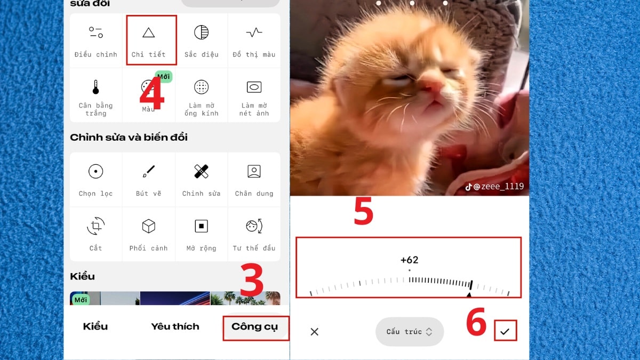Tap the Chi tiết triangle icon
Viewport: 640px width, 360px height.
click(x=149, y=33)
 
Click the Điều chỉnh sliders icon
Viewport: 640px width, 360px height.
click(x=95, y=33)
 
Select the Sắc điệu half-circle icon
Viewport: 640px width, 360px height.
click(x=202, y=33)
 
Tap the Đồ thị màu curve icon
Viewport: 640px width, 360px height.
click(x=254, y=33)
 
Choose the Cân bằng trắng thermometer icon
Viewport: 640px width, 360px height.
click(x=95, y=87)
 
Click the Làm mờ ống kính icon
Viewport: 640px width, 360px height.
click(x=202, y=87)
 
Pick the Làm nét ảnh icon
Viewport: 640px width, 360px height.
click(x=254, y=87)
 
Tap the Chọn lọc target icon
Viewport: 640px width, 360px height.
click(x=95, y=171)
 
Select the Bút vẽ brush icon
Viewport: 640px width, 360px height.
click(x=149, y=171)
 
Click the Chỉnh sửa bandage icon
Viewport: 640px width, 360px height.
click(x=202, y=171)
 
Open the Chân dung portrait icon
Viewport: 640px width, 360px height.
click(x=254, y=171)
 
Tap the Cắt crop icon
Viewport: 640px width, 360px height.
click(x=95, y=226)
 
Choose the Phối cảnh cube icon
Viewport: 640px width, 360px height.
click(x=149, y=226)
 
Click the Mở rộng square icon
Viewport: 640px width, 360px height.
click(x=202, y=226)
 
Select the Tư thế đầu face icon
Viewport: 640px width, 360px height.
click(x=254, y=226)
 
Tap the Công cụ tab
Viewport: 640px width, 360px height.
click(x=254, y=326)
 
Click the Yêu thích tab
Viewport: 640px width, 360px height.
click(x=175, y=326)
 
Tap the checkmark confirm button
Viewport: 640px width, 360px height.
click(x=505, y=331)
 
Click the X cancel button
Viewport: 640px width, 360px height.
click(x=315, y=332)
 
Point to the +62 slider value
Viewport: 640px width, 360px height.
click(x=410, y=260)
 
